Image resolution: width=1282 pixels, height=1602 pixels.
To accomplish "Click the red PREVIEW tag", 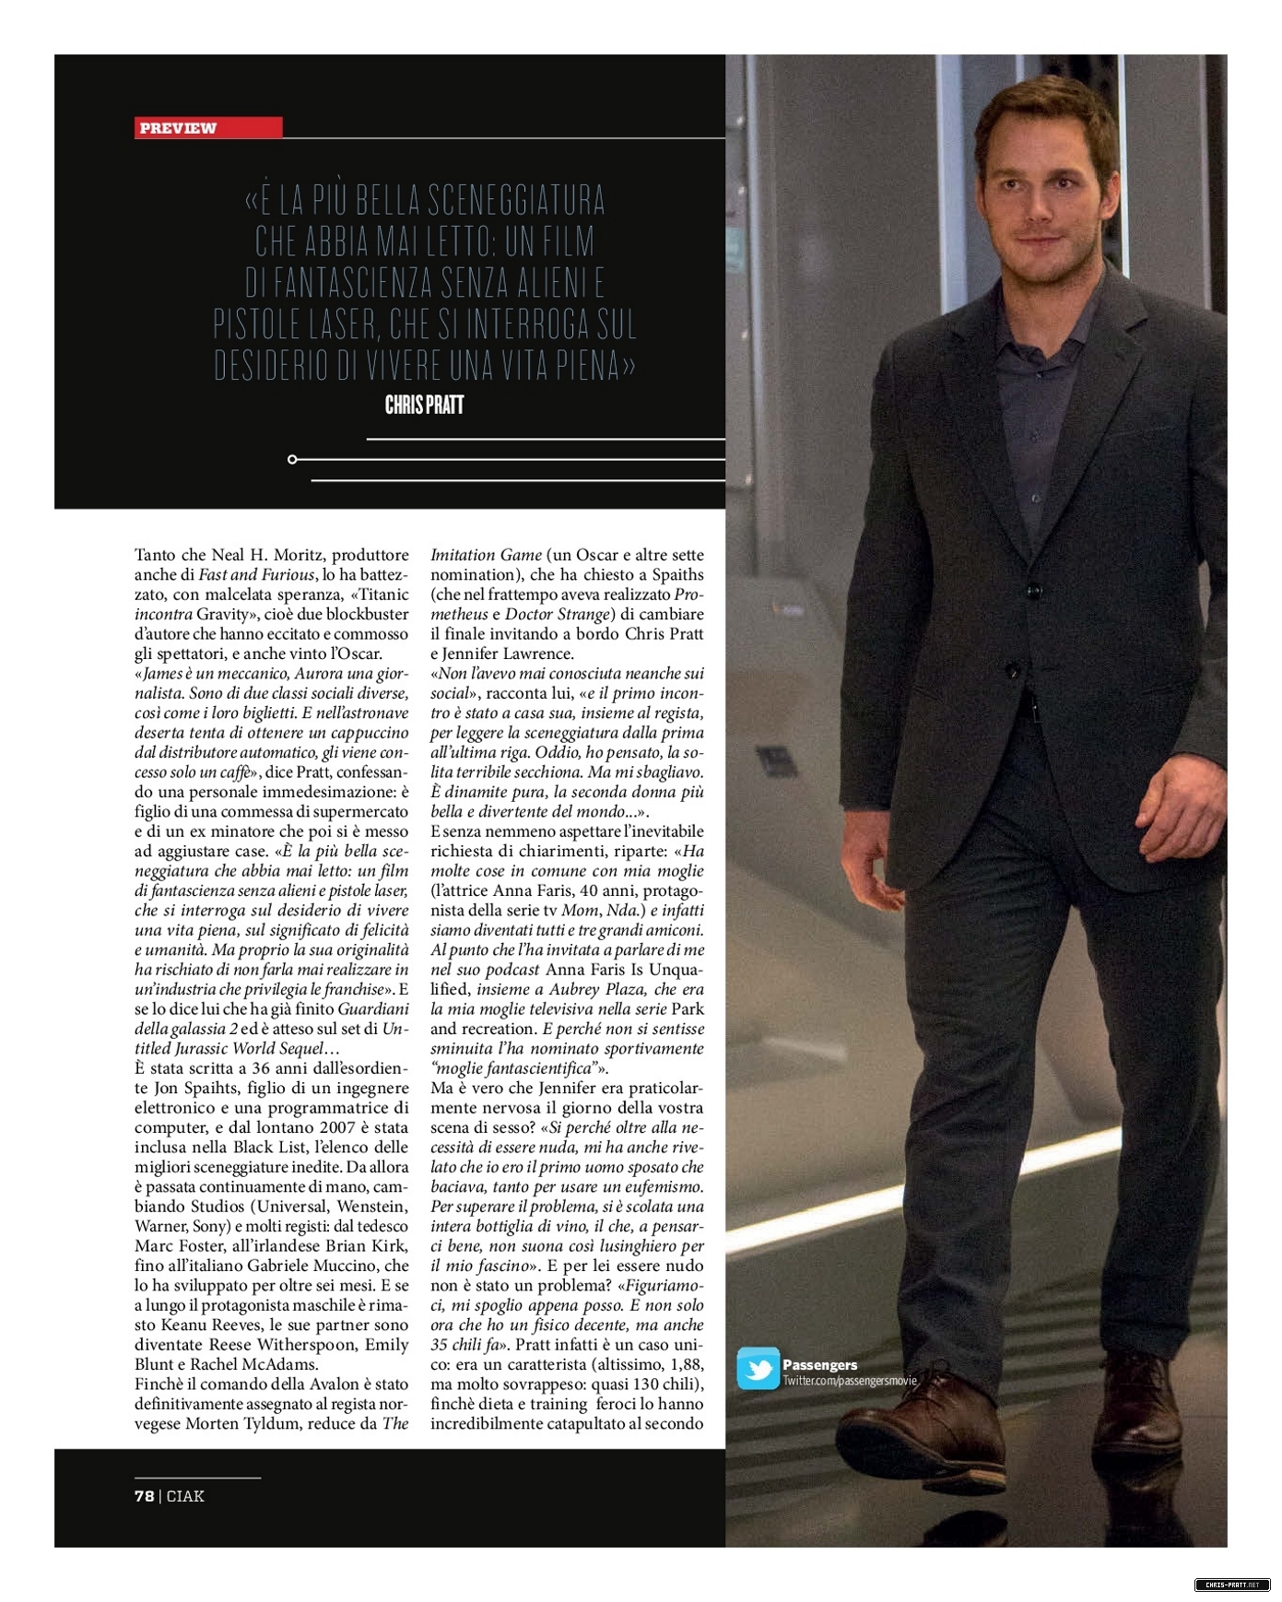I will point(207,127).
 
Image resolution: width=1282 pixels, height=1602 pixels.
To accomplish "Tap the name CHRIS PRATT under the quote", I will point(424,405).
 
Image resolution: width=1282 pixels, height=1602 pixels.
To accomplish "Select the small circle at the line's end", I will point(292,459).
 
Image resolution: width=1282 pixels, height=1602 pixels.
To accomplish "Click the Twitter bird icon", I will point(758,1368).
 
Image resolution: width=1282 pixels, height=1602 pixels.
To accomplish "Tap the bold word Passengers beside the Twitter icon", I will point(819,1364).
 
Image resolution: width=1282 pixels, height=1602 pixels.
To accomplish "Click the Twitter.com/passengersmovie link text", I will point(850,1380).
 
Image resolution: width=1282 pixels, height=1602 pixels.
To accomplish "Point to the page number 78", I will point(144,1495).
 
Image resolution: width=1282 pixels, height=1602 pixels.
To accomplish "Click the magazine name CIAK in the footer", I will point(185,1495).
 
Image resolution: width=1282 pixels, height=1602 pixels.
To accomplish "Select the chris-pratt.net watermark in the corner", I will point(1232,1584).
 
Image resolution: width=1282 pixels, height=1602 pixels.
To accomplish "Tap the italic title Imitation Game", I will point(486,555).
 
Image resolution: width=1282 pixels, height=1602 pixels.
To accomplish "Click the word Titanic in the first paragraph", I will point(383,595).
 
